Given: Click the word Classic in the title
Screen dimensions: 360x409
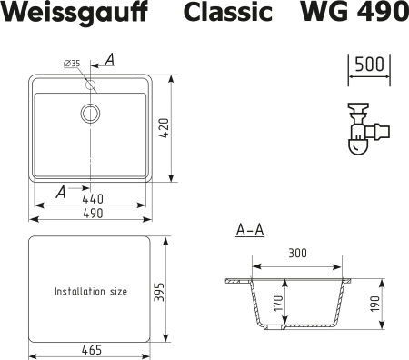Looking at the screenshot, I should pyautogui.click(x=228, y=15).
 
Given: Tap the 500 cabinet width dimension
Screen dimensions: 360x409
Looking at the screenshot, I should pyautogui.click(x=367, y=65).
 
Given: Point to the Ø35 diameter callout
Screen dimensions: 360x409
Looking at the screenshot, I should pyautogui.click(x=73, y=62).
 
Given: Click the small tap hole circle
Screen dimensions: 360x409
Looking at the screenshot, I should pyautogui.click(x=91, y=85).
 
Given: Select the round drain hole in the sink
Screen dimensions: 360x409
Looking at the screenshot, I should pyautogui.click(x=91, y=113).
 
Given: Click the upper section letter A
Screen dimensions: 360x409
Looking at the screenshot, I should pyautogui.click(x=108, y=60).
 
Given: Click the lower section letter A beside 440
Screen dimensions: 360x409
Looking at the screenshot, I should pyautogui.click(x=60, y=192).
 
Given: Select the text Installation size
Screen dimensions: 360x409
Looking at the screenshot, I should pyautogui.click(x=91, y=292).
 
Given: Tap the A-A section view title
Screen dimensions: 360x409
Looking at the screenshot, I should pyautogui.click(x=250, y=230).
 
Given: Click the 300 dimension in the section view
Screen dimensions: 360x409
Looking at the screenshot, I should pyautogui.click(x=295, y=253).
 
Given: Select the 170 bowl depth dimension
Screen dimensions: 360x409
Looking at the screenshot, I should pyautogui.click(x=278, y=304).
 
